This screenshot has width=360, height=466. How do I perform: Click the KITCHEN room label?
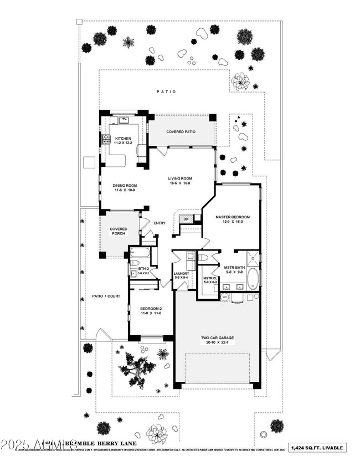click(123, 139)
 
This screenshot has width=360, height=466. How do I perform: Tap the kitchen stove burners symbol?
click(104, 139)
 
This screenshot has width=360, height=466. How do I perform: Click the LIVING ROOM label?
click(179, 178)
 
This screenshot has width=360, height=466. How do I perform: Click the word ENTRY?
click(160, 223)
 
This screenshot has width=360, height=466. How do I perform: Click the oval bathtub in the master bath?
click(252, 279)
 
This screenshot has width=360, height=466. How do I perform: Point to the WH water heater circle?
click(225, 298)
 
